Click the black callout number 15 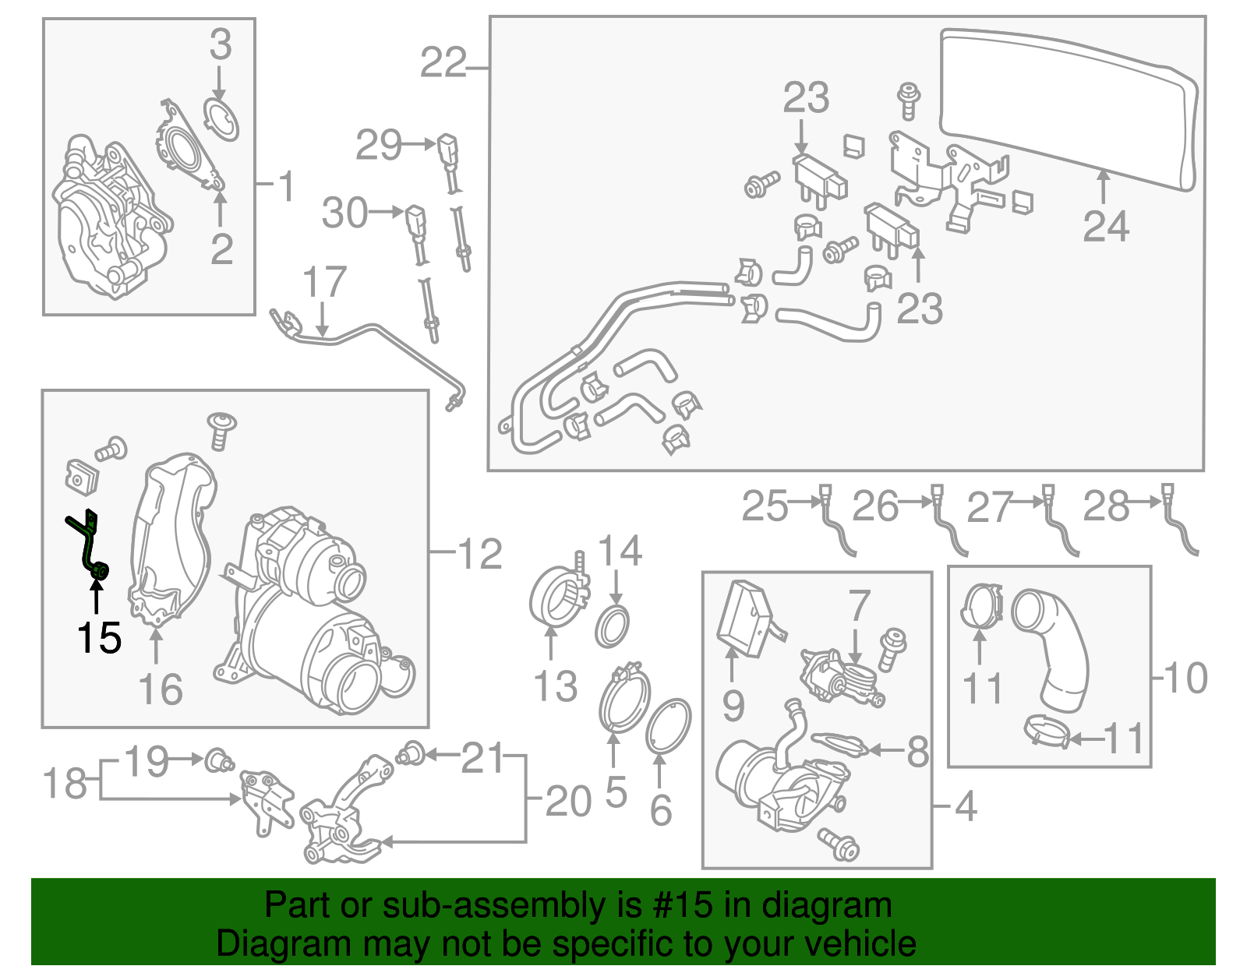tap(99, 638)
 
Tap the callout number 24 tap(1105, 227)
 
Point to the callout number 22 tap(443, 62)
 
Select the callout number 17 tap(324, 282)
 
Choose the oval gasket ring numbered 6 tap(669, 727)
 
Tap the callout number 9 tap(733, 706)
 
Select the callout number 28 tap(1105, 506)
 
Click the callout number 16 tap(161, 689)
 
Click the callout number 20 tap(568, 801)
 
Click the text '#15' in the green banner tap(677, 905)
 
